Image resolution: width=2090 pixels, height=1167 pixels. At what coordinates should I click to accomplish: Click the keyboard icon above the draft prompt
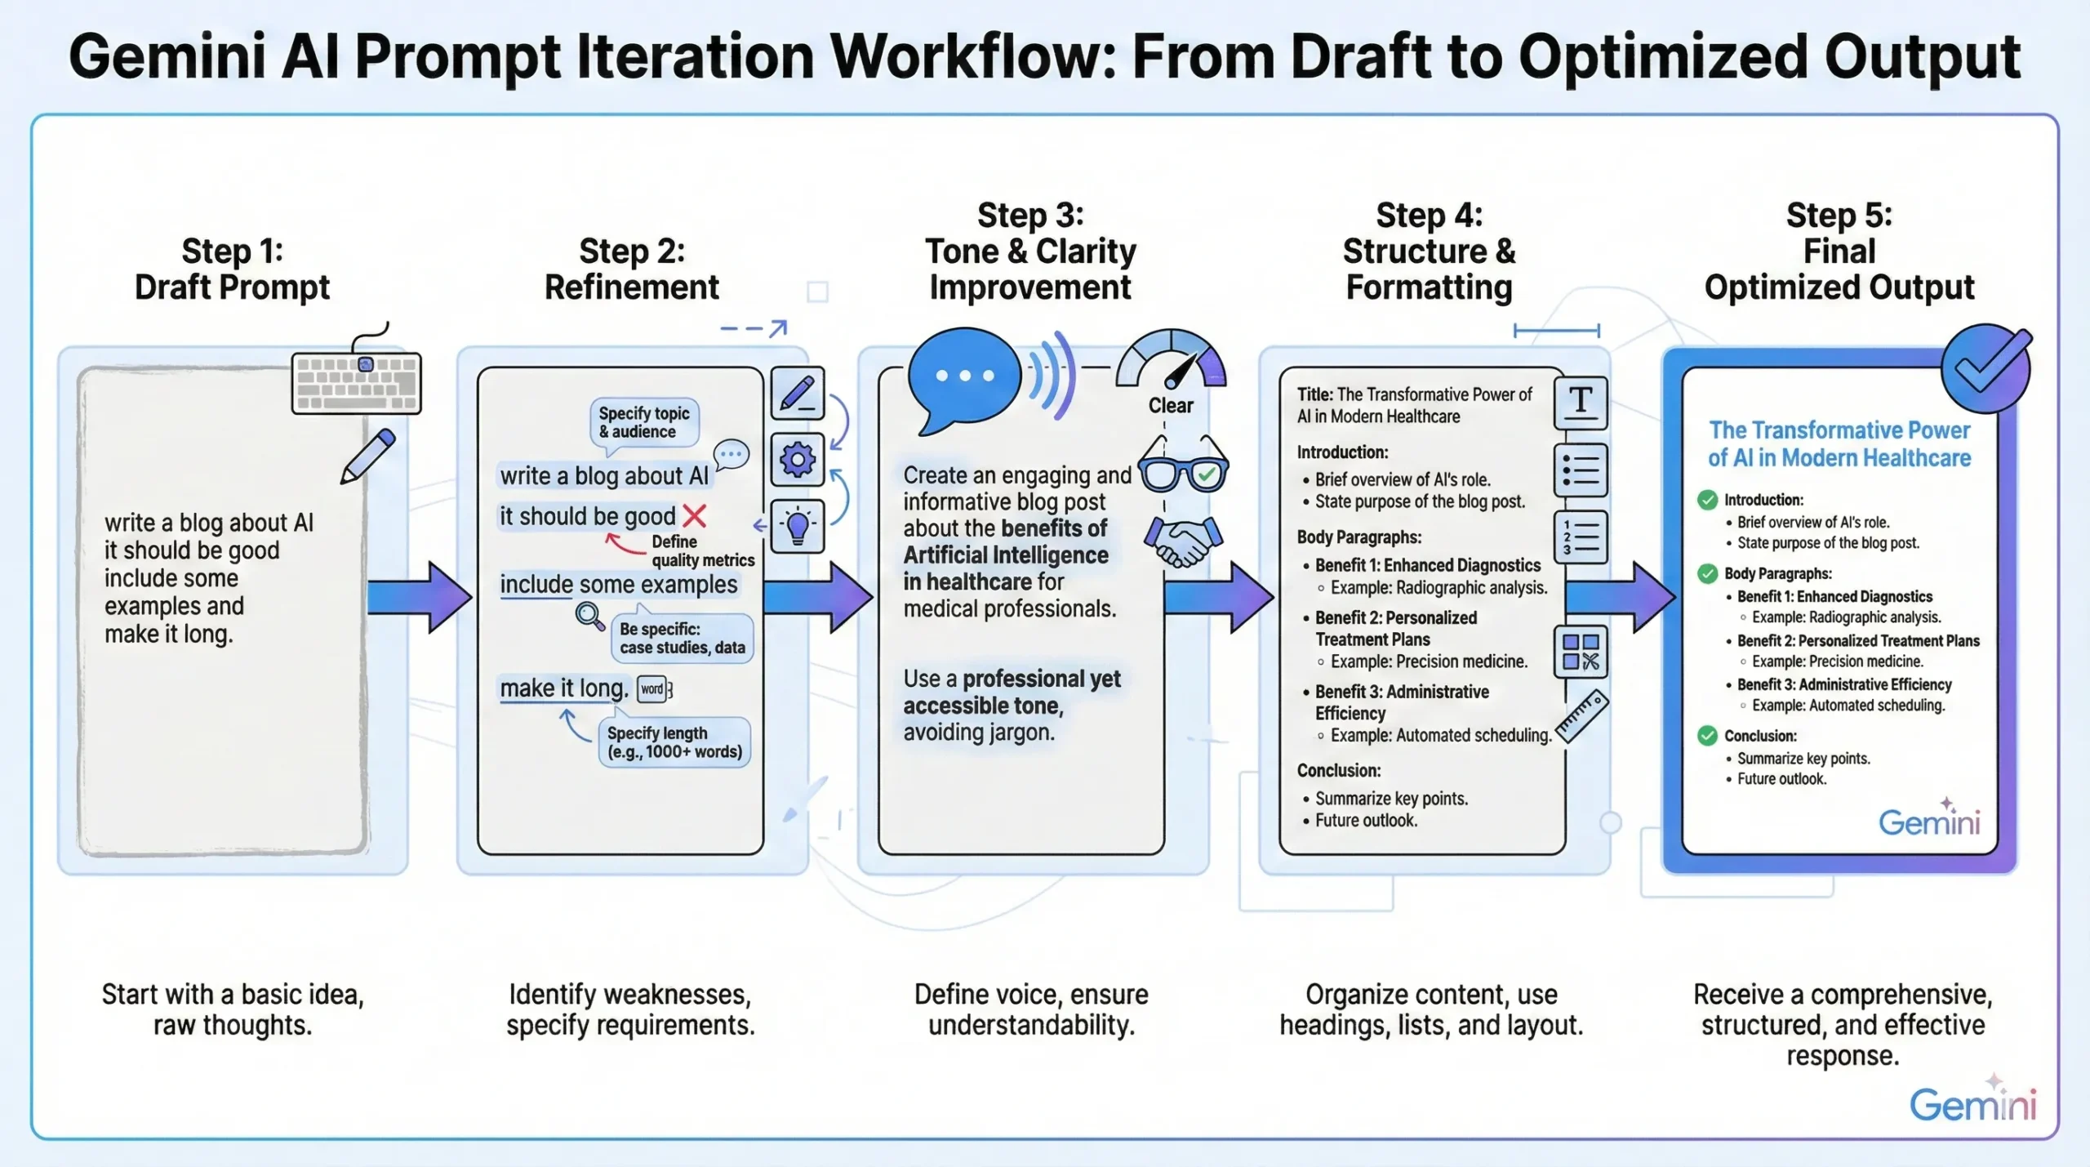357,382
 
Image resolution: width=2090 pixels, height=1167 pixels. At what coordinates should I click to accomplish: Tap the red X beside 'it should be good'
694,516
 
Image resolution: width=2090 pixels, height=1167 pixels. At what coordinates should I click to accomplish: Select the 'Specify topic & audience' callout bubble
644,422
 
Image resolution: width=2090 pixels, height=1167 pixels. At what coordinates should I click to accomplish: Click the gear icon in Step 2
797,460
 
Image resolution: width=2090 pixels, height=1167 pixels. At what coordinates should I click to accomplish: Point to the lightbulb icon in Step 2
797,526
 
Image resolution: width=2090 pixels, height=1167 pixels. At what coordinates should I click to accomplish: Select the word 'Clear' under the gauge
1171,406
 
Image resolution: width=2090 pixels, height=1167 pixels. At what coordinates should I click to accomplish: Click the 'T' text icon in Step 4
1581,403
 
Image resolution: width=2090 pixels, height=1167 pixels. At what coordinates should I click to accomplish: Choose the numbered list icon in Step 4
1581,537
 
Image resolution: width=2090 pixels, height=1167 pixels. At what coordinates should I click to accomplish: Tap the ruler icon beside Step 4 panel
1581,715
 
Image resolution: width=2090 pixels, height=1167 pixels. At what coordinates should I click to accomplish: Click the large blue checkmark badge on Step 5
1985,369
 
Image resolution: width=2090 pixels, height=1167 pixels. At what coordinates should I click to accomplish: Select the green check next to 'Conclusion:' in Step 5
1707,736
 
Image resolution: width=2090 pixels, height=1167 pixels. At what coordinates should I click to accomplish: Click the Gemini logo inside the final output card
1929,821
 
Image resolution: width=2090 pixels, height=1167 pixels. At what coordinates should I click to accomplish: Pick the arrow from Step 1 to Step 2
419,597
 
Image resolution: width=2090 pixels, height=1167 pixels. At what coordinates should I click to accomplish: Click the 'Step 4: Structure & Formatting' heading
1429,252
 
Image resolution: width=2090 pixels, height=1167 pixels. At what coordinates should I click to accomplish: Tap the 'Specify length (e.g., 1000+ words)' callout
674,742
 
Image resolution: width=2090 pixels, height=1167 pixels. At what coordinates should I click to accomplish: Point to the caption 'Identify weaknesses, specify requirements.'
630,1009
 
